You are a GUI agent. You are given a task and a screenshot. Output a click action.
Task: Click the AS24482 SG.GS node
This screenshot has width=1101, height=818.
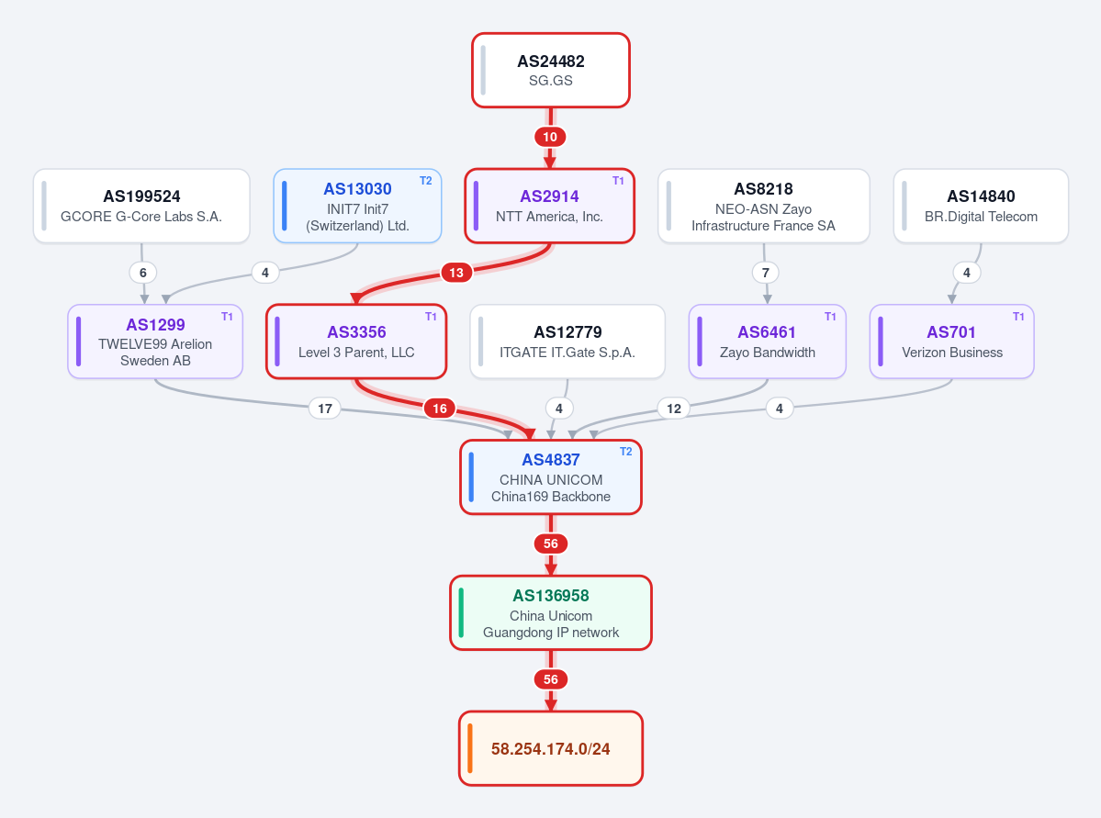(551, 70)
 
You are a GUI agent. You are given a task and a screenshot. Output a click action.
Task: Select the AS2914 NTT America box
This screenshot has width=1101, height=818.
(550, 206)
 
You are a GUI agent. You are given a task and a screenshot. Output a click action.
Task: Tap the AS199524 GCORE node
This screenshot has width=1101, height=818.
(141, 206)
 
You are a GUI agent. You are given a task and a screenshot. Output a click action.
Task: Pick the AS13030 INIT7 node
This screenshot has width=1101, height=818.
(357, 206)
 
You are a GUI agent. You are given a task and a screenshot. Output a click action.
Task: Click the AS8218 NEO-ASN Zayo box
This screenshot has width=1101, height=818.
(763, 206)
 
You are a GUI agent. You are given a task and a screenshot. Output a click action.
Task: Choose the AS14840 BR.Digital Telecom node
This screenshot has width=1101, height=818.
(981, 206)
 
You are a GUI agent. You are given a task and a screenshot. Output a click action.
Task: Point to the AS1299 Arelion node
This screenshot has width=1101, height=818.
(155, 342)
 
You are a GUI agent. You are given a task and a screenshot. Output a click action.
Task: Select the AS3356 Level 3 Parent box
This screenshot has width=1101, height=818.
(356, 342)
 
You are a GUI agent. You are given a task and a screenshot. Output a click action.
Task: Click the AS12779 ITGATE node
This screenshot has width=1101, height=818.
(567, 342)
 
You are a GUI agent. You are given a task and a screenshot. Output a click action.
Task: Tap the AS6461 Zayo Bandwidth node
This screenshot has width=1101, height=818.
(768, 342)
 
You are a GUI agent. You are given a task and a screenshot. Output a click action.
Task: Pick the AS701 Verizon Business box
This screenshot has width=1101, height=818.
(952, 342)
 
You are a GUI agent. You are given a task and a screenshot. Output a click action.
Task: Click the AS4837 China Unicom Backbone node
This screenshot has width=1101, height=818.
(551, 477)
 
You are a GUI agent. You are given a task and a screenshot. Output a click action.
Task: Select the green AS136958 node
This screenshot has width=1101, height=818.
(551, 613)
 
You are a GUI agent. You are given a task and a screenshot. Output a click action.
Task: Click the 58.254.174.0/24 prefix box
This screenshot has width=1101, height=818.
(551, 748)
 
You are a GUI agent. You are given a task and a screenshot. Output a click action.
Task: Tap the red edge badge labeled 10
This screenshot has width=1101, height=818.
(550, 137)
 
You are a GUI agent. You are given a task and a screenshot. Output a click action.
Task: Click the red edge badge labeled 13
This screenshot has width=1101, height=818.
(456, 273)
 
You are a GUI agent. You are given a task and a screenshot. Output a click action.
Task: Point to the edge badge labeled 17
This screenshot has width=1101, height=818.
(325, 409)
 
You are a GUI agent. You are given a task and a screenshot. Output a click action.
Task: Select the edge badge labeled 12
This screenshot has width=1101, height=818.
(674, 409)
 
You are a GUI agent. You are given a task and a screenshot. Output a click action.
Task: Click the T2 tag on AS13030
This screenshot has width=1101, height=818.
(425, 181)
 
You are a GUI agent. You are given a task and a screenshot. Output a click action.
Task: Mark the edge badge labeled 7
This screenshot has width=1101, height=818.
(766, 273)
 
